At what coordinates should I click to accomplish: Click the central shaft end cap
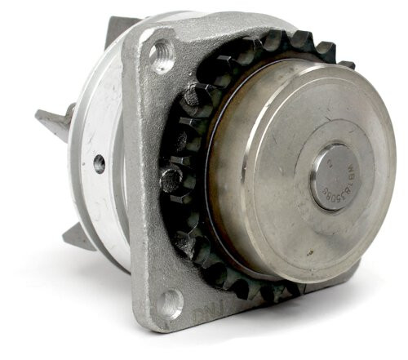tap(334, 176)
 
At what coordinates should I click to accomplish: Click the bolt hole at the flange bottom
tap(170, 303)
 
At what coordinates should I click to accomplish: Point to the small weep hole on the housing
tap(100, 164)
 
